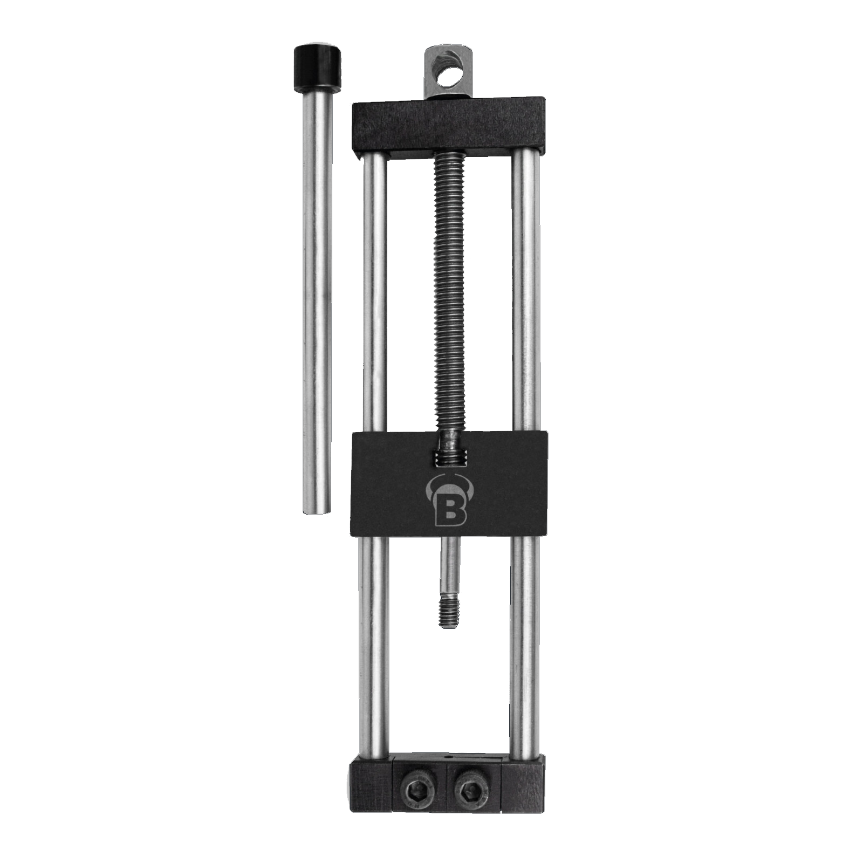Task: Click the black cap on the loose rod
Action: [318, 67]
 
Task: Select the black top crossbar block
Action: [448, 127]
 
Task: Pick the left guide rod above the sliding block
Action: [375, 293]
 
